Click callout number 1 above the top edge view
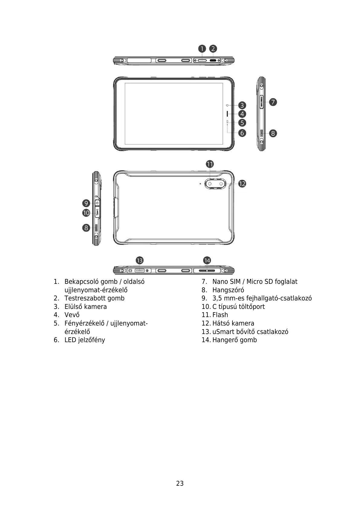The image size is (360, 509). pos(202,49)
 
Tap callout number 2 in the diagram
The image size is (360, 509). pos(213,49)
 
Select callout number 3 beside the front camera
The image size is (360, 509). pos(242,105)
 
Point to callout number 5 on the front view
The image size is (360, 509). pos(242,123)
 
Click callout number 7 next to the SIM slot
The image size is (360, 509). pos(273,102)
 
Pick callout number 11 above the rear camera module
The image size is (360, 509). pos(210,164)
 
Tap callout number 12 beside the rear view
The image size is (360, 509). pos(242,183)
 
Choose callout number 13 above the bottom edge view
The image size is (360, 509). pos(139,260)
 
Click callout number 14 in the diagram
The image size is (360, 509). pos(207,260)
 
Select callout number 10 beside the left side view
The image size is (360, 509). pos(86,213)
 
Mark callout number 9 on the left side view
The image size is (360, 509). pos(86,203)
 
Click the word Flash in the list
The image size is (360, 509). pos(220,315)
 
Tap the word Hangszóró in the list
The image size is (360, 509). pos(228,290)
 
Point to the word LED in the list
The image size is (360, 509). pos(70,340)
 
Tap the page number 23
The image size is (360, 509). pos(180,484)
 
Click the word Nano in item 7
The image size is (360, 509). pos(220,282)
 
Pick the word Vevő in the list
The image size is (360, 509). pos(72,315)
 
